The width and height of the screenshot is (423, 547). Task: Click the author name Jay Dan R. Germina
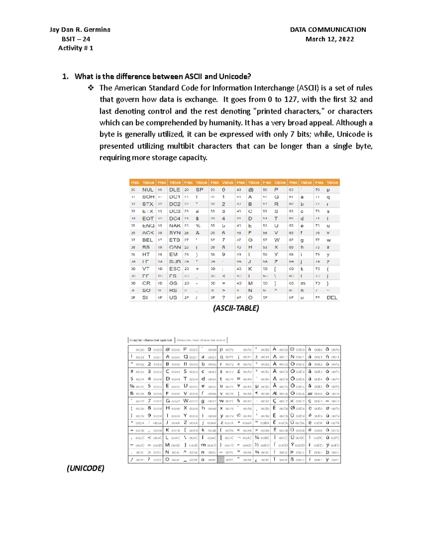click(80, 30)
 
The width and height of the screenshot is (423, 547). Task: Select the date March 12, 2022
click(330, 39)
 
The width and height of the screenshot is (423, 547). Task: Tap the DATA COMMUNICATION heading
click(328, 30)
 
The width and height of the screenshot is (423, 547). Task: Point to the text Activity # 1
click(76, 48)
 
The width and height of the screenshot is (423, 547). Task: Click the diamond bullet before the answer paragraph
click(91, 88)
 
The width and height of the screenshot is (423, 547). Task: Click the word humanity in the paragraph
click(225, 123)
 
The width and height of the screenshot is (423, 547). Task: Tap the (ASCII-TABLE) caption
click(236, 308)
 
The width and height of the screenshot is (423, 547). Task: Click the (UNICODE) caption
click(85, 468)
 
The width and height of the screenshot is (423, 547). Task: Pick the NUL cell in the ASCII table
click(148, 189)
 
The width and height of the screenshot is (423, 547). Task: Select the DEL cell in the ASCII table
click(332, 298)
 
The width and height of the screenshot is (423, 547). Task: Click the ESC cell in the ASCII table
click(174, 269)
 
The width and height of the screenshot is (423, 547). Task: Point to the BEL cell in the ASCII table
click(148, 240)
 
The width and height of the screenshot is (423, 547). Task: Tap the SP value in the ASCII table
click(200, 189)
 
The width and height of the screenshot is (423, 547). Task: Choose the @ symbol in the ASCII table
click(251, 189)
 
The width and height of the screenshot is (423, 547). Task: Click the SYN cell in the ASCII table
click(174, 233)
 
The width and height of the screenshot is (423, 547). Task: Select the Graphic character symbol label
click(151, 340)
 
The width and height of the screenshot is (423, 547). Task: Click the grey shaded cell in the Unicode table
click(221, 460)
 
